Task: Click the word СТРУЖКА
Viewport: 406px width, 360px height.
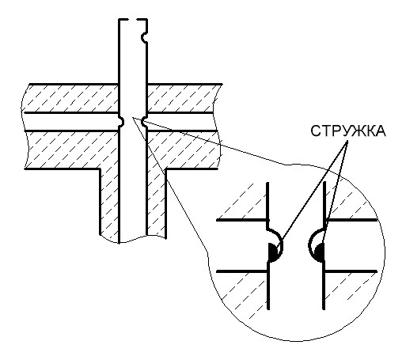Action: coord(348,131)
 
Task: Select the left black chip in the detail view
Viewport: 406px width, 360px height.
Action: coord(272,252)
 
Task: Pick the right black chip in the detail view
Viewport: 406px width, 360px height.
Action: coord(320,252)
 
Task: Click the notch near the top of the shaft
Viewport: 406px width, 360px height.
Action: coord(144,37)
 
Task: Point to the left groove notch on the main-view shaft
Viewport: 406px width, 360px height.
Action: coord(122,122)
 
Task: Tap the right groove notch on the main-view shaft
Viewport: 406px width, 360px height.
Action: coord(144,122)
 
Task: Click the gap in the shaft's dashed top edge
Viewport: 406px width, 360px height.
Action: coord(133,20)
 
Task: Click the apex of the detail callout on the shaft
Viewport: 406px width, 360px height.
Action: coord(132,118)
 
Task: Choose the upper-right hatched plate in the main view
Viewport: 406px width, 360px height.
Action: coord(183,98)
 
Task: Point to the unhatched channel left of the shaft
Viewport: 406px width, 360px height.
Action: coord(71,122)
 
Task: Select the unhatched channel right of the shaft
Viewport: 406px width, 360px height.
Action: coord(182,122)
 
